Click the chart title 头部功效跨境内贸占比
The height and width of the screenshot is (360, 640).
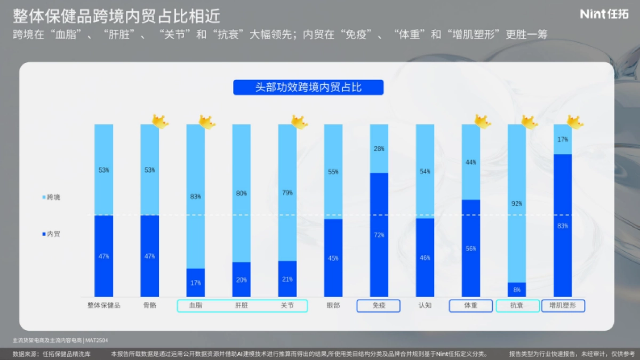(x=308, y=87)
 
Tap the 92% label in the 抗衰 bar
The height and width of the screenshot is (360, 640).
(x=516, y=204)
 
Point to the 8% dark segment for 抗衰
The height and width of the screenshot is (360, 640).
(x=516, y=290)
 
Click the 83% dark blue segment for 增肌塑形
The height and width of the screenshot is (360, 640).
(x=562, y=226)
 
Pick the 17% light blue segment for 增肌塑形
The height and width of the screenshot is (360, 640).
(x=562, y=140)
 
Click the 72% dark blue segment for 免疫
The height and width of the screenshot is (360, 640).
(x=379, y=235)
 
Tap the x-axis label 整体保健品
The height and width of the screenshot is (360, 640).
(x=104, y=306)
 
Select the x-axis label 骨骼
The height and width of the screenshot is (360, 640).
(x=150, y=306)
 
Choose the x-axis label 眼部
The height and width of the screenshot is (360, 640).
(x=333, y=306)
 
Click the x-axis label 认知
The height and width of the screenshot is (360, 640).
(x=425, y=306)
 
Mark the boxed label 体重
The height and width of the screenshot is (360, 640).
(x=470, y=306)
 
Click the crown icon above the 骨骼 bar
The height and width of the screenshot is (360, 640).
(x=159, y=122)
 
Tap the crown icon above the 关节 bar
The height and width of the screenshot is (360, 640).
(x=299, y=122)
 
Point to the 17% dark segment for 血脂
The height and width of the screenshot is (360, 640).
(x=196, y=283)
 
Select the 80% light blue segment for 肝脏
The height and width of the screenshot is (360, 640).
(x=242, y=193)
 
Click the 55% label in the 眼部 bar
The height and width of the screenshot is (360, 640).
(x=333, y=172)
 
